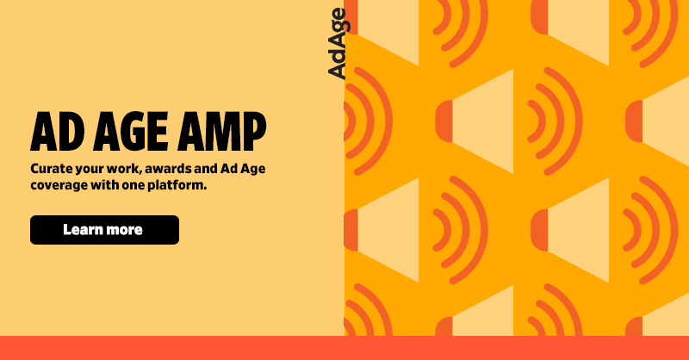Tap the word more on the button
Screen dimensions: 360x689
tap(126, 230)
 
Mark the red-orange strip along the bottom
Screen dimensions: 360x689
tap(344, 348)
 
